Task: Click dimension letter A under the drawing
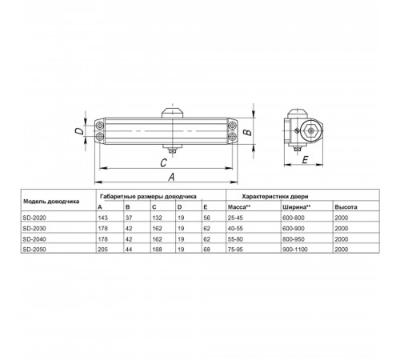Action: (x=171, y=177)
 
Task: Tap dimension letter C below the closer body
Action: (x=163, y=162)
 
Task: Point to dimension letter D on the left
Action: (x=79, y=131)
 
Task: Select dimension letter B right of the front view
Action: (x=248, y=132)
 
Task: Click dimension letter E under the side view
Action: (x=305, y=160)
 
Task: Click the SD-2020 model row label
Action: (x=34, y=218)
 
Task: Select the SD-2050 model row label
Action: (x=34, y=250)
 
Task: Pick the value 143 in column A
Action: (x=103, y=218)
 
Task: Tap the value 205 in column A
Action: (x=103, y=250)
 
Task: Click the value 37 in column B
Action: (x=129, y=218)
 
